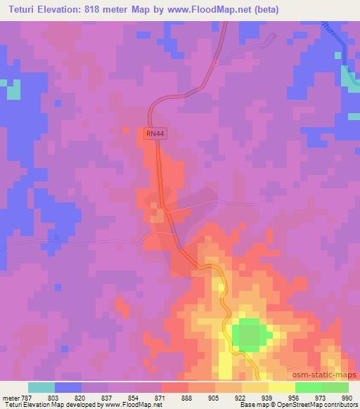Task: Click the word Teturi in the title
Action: click(26, 10)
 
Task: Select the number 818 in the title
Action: click(106, 10)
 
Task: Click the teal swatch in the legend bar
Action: click(41, 387)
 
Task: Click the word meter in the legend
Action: click(11, 397)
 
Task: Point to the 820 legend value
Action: click(82, 397)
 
